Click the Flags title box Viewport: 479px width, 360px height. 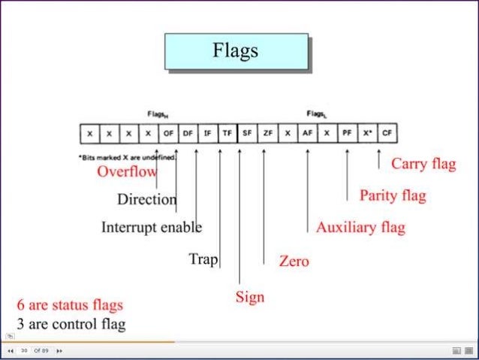point(236,51)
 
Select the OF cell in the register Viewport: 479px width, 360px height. point(168,134)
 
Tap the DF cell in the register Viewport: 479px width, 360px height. point(188,134)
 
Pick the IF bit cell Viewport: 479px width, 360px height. point(208,134)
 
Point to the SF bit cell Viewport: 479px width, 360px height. point(247,134)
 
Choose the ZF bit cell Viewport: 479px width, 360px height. point(267,134)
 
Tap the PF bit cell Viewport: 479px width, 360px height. point(347,134)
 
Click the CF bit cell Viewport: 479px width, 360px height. point(387,134)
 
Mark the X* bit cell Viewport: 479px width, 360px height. point(367,134)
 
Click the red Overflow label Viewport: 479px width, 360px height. point(127,171)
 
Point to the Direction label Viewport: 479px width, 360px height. point(146,200)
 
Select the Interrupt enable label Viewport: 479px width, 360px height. point(151,227)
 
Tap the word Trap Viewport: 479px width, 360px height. point(203,260)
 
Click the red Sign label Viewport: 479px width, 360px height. point(250,297)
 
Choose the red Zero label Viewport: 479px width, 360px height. point(294,262)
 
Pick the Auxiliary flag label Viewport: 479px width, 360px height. point(360,227)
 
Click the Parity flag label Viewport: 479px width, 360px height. point(392,196)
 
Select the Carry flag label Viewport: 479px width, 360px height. point(423,164)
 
